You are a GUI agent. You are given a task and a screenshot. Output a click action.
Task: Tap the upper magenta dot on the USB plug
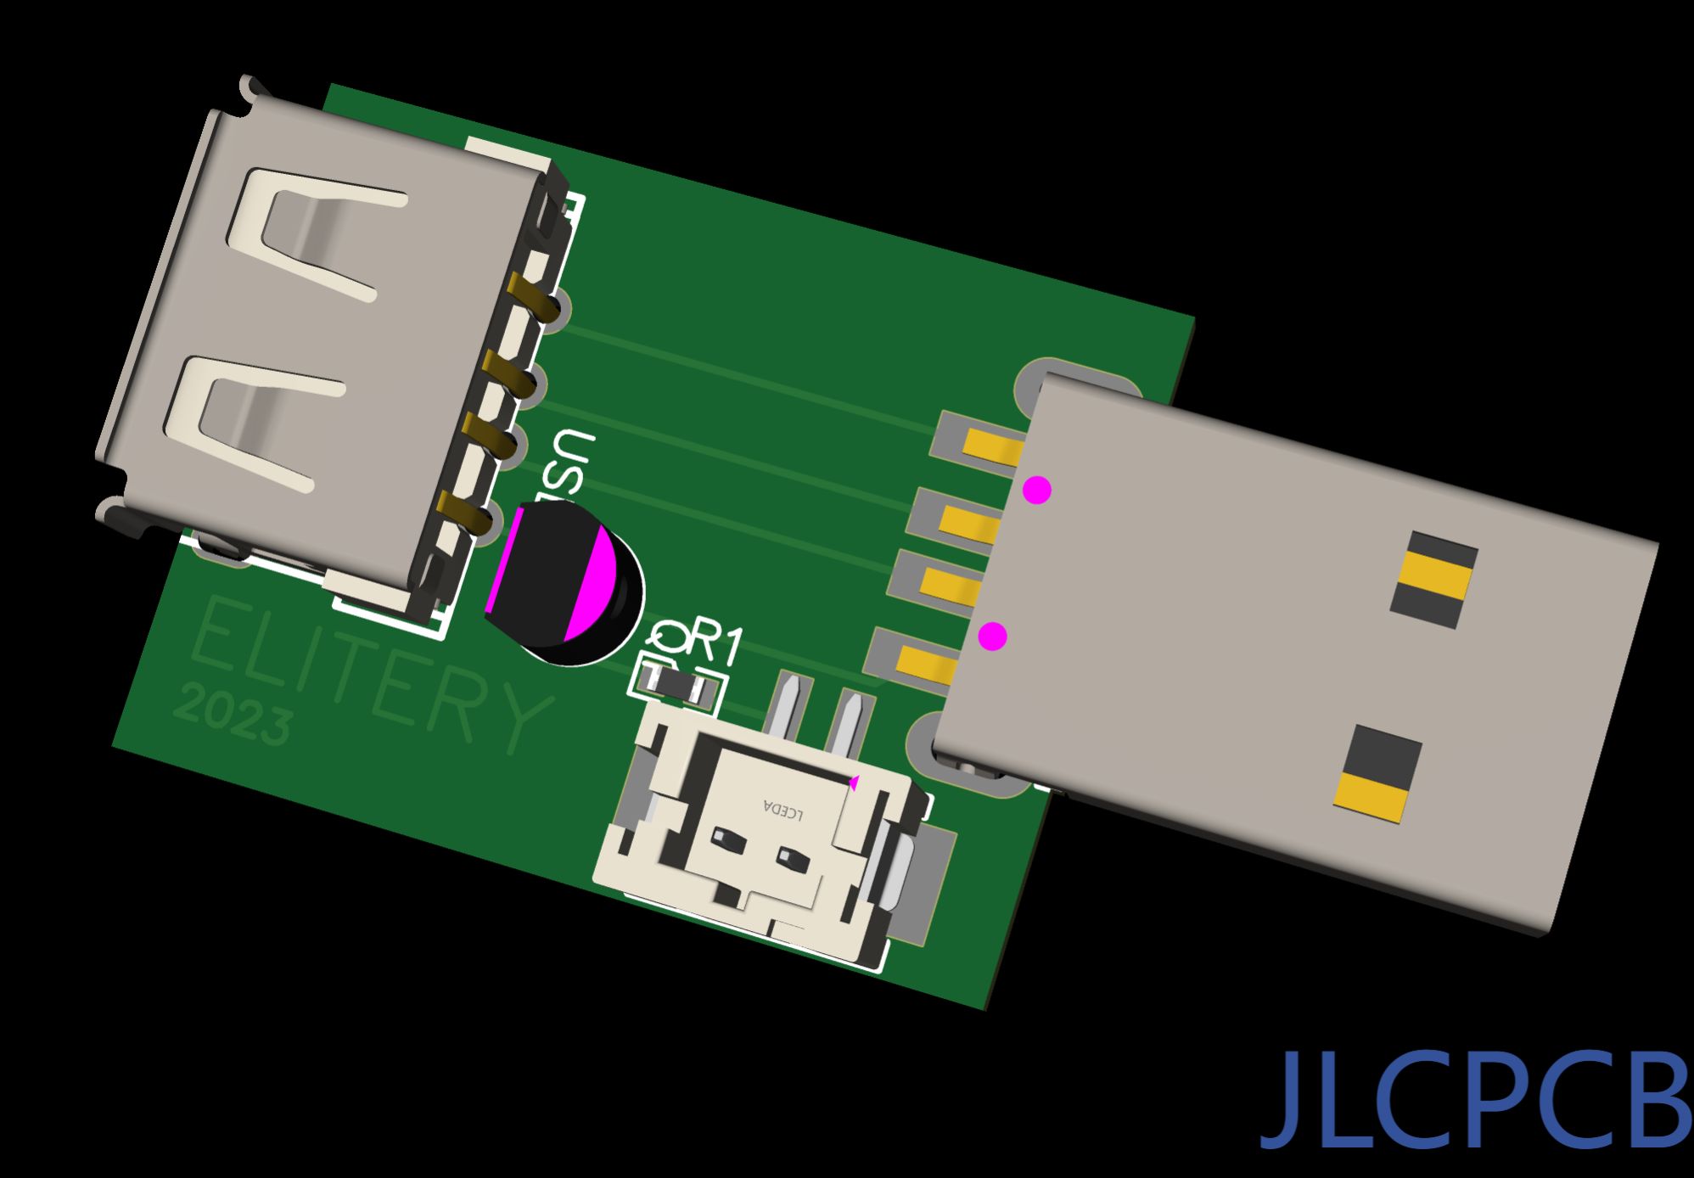pos(1037,490)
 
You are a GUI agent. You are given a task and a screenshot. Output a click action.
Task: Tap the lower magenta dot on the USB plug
pos(992,637)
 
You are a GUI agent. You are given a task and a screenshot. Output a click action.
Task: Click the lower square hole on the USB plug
pos(1377,773)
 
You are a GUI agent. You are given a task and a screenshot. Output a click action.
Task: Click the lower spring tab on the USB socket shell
pos(255,424)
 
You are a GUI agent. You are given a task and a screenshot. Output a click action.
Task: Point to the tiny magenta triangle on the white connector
pos(855,783)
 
